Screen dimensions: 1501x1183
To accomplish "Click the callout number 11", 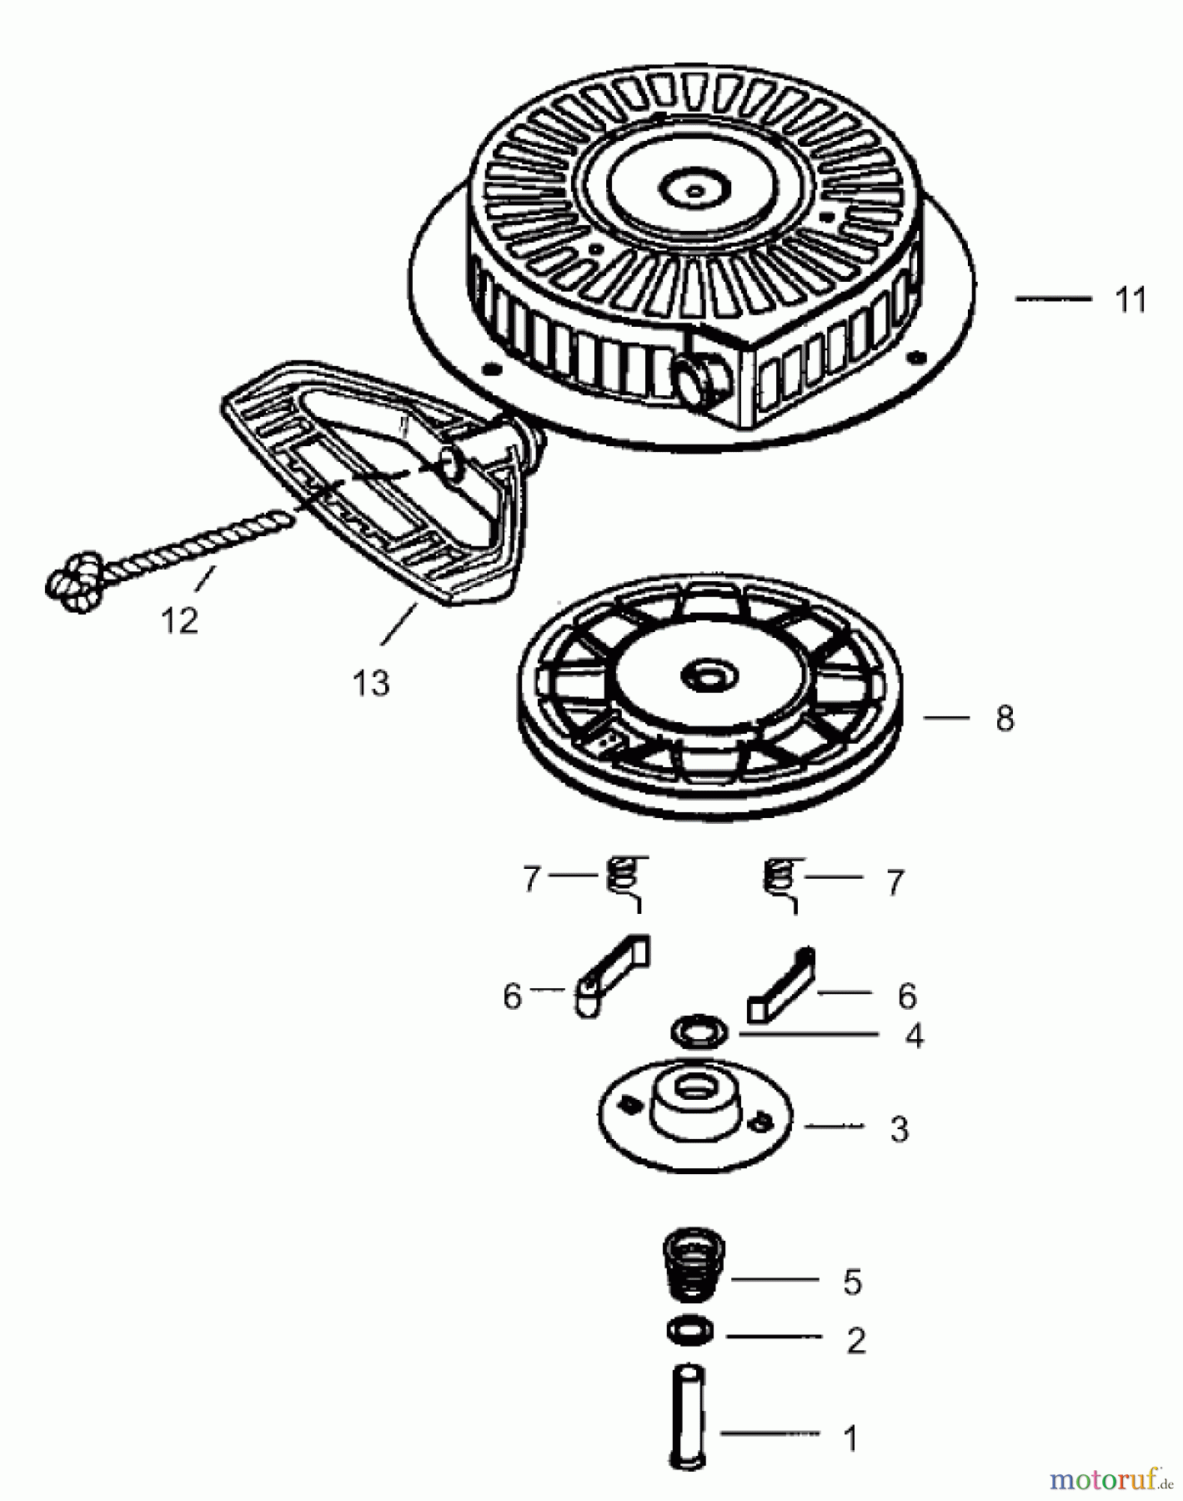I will coord(1130,299).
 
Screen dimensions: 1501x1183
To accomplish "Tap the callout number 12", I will coord(179,620).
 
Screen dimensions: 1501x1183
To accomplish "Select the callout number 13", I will coord(371,683).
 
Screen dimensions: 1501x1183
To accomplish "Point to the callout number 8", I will coord(1005,718).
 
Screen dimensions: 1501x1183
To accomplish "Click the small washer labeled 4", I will coord(699,1032).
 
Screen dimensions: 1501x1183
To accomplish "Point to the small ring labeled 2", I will coord(690,1329).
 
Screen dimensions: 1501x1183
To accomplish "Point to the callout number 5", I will coord(852,1283).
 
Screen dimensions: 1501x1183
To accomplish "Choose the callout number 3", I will coord(899,1129).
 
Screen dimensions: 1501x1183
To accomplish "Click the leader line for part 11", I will coord(1053,298).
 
